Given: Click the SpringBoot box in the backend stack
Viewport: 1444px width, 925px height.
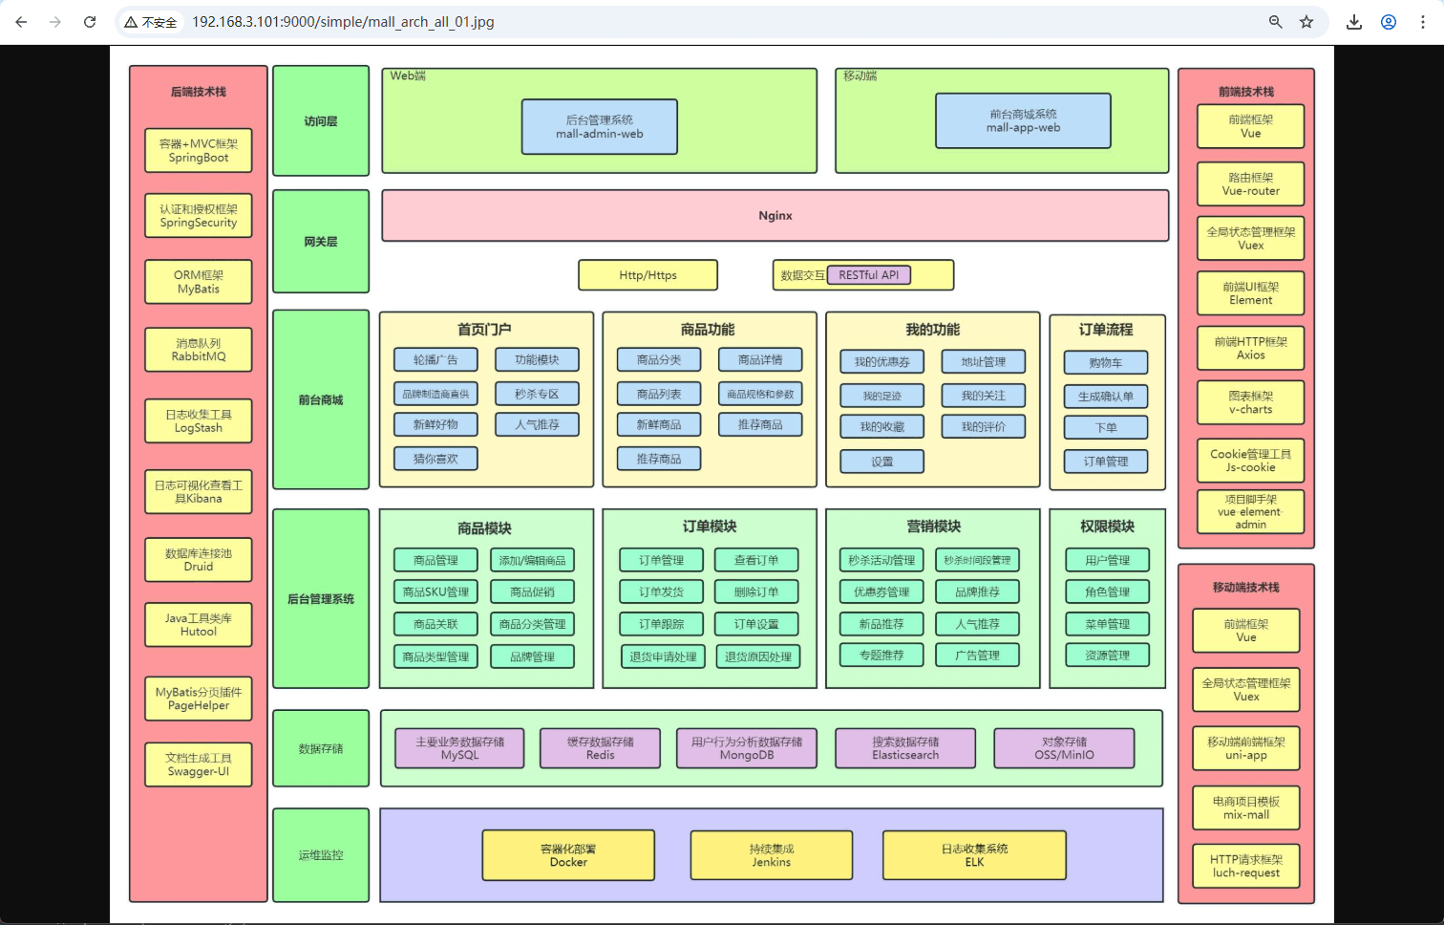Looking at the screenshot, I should pyautogui.click(x=199, y=151).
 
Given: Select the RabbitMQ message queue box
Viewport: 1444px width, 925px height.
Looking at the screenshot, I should pyautogui.click(x=199, y=350).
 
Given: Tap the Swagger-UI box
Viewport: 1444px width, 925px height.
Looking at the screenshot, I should pyautogui.click(x=199, y=764).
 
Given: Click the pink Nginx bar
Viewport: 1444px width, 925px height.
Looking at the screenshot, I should pyautogui.click(x=775, y=216).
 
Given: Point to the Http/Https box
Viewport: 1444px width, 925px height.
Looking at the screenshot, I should pyautogui.click(x=648, y=275).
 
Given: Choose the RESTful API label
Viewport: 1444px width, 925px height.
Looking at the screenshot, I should pyautogui.click(x=868, y=275).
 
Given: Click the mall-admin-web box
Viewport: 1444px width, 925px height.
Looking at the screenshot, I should pyautogui.click(x=600, y=127).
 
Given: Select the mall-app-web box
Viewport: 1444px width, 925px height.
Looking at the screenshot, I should pyautogui.click(x=1023, y=120).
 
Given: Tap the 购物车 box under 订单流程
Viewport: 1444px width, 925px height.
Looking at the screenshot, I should pyautogui.click(x=1106, y=363).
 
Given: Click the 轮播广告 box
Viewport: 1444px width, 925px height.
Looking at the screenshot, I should pyautogui.click(x=435, y=360).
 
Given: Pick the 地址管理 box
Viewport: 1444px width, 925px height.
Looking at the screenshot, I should pyautogui.click(x=984, y=362).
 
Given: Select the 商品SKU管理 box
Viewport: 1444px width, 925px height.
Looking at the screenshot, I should pyautogui.click(x=435, y=592).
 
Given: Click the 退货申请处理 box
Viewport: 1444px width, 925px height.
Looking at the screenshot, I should pyautogui.click(x=663, y=656).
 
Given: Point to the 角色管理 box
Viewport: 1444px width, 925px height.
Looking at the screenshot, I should pyautogui.click(x=1108, y=592).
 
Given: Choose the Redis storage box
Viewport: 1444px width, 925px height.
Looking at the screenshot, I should pyautogui.click(x=600, y=748).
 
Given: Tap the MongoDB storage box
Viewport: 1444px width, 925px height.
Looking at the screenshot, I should pyautogui.click(x=747, y=748).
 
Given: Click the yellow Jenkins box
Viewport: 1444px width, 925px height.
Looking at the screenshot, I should pyautogui.click(x=771, y=855).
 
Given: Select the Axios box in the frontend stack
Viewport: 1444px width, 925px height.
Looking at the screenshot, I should pyautogui.click(x=1251, y=348).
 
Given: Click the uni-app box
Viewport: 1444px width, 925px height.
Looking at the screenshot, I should pyautogui.click(x=1246, y=748).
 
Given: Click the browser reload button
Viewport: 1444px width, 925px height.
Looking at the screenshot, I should pyautogui.click(x=90, y=22).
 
